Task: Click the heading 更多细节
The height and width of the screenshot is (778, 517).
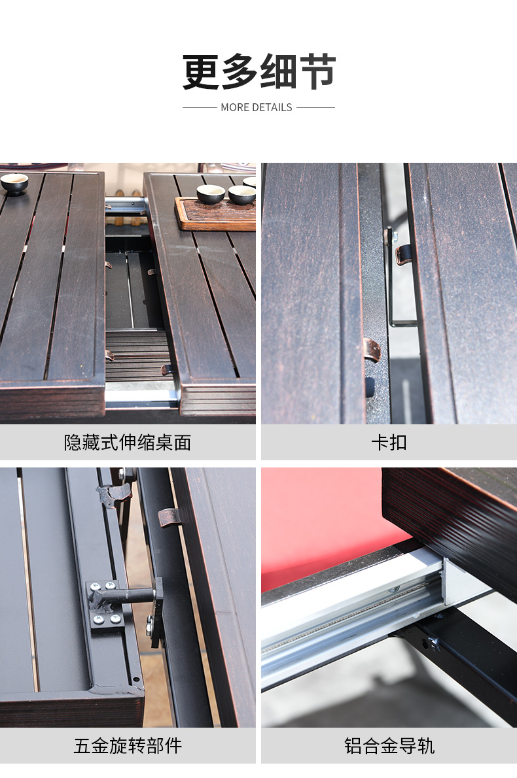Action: point(258,72)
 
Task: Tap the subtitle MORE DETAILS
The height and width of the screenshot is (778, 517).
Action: point(257,107)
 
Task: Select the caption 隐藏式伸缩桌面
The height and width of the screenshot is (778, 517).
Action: point(128,442)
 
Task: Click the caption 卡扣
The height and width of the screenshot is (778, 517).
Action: point(389,442)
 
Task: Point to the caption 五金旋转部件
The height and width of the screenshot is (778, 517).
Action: point(128,745)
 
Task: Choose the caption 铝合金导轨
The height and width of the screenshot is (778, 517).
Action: point(389,745)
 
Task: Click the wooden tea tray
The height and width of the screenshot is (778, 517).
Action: point(215,214)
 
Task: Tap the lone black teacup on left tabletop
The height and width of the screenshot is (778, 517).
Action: point(14,184)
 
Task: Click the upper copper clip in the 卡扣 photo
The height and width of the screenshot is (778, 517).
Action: point(403,254)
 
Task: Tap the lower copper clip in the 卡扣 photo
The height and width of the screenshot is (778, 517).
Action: point(372,349)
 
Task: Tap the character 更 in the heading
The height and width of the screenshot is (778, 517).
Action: point(201,72)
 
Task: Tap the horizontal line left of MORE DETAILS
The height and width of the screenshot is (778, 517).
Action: point(200,107)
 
